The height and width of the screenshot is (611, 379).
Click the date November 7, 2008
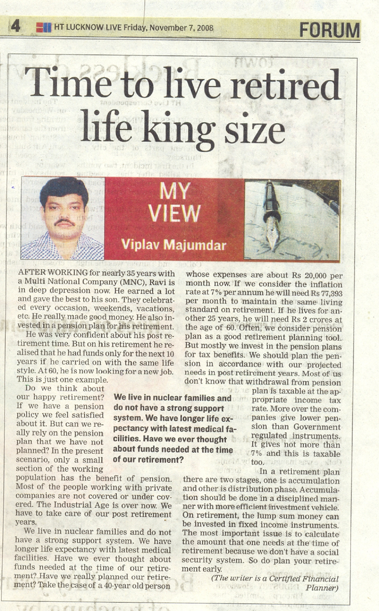point(181,28)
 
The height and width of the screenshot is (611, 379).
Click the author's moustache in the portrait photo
point(64,223)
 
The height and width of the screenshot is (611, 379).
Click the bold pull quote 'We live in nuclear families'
point(173,398)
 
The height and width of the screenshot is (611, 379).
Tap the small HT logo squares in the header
point(43,28)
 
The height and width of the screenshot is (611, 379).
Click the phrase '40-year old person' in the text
point(137,586)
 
